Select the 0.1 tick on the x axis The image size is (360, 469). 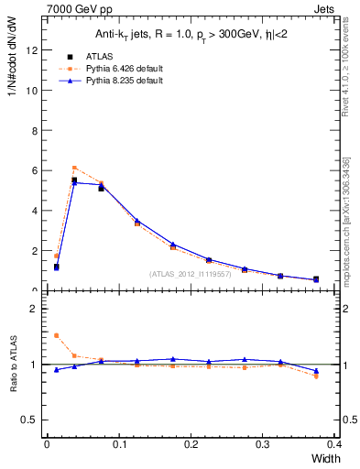tap(118, 444)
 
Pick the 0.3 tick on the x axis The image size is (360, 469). tap(263, 444)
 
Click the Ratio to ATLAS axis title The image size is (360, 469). tap(13, 365)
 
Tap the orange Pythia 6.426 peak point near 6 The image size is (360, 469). tap(74, 168)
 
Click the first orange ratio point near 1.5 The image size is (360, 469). tap(56, 335)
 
